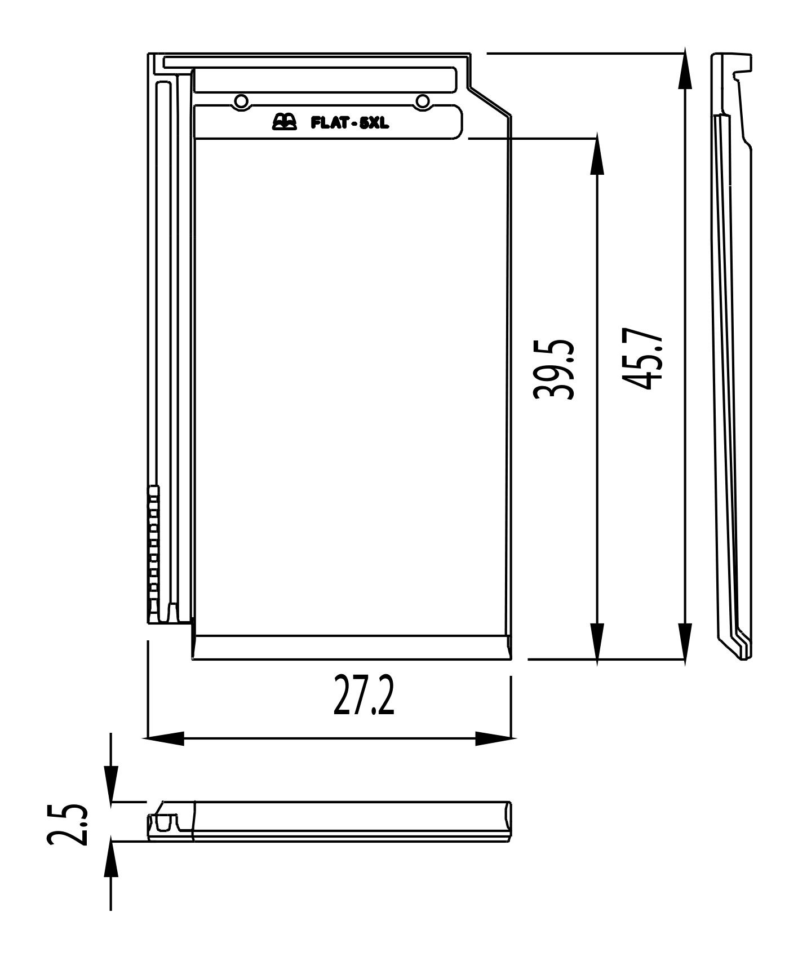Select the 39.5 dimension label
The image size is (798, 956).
pos(554,369)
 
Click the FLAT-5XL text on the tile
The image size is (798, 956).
pos(350,122)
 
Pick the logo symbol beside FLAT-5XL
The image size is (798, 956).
pos(284,121)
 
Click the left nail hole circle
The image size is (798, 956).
pos(241,101)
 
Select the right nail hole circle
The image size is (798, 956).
pos(422,101)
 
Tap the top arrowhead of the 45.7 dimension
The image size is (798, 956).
pos(685,70)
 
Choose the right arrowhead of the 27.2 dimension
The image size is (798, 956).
pos(493,738)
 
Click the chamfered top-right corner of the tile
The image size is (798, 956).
pos(490,101)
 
